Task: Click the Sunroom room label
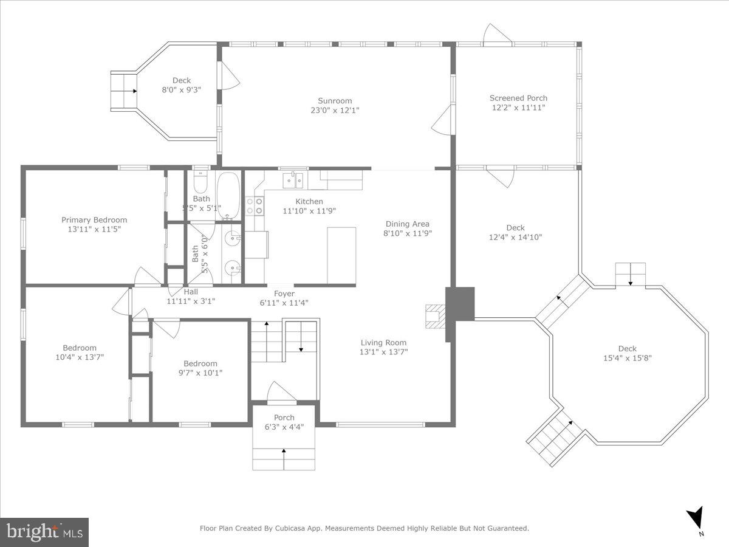point(335,101)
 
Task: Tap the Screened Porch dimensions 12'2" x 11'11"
point(518,108)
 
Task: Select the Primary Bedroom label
point(94,220)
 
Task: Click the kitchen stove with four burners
point(255,205)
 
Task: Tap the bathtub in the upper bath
point(228,195)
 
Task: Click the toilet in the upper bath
point(200,182)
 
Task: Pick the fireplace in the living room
point(434,316)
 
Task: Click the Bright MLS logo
point(44,532)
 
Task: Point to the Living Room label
point(383,342)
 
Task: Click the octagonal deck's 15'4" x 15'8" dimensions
point(627,358)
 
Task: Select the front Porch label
point(284,418)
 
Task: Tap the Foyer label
point(284,293)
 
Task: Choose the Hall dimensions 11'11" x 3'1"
point(191,300)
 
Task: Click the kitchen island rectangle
point(341,255)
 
